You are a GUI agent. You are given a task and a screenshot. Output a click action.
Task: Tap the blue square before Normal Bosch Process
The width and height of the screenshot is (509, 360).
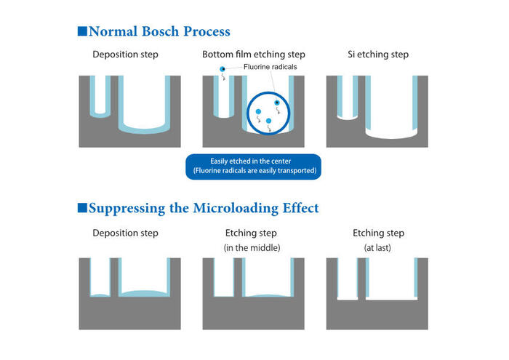[82, 31]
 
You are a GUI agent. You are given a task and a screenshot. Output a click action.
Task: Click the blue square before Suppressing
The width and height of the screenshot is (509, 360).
[82, 208]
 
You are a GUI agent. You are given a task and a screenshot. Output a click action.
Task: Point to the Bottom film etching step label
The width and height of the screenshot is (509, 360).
[254, 55]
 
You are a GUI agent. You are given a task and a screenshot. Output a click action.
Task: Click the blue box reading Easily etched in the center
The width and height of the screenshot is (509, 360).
[254, 167]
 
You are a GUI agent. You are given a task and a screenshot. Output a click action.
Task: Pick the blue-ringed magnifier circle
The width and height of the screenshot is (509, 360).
[268, 112]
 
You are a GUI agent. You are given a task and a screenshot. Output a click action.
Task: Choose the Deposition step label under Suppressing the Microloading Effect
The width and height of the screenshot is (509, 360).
[125, 233]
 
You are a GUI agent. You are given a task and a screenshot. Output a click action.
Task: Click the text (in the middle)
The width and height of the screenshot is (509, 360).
[253, 248]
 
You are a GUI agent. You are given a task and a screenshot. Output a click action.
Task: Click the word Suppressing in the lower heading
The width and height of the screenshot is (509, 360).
[128, 208]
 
